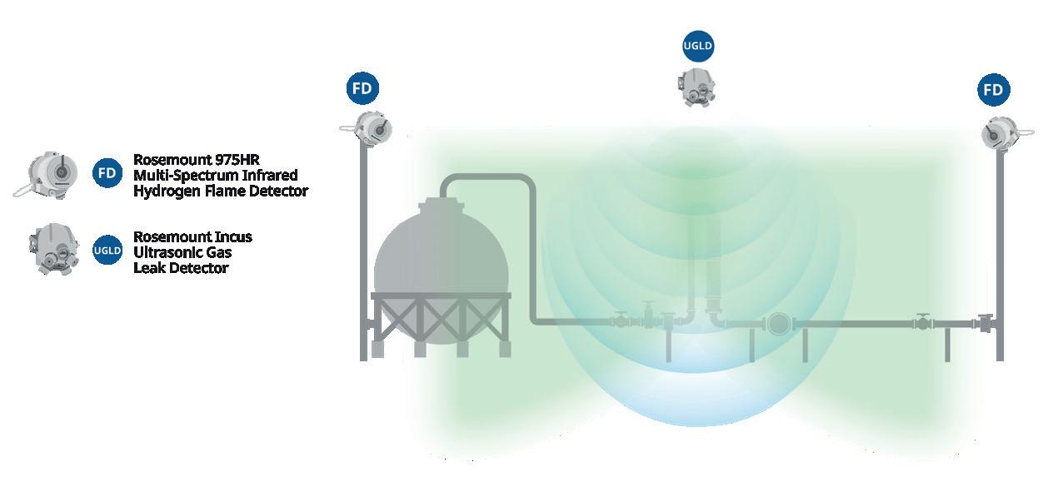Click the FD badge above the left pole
(362, 89)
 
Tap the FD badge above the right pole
(993, 90)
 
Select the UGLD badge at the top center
(698, 47)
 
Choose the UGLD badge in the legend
(107, 250)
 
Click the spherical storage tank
(442, 250)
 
